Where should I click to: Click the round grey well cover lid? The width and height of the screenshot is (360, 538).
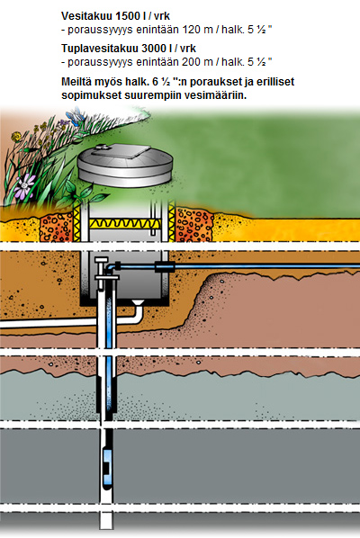[125, 166]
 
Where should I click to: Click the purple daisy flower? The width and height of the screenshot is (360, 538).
[25, 186]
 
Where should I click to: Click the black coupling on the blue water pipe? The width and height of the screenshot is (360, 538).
[165, 266]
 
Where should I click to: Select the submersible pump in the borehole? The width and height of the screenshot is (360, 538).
[108, 460]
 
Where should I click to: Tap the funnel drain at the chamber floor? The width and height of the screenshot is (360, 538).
[138, 303]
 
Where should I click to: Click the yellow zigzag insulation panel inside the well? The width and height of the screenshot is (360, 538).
[125, 224]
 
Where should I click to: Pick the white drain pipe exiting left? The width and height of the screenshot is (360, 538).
[68, 322]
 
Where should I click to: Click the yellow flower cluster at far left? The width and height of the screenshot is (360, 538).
[16, 137]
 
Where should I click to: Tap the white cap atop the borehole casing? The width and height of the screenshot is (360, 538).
[101, 260]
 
